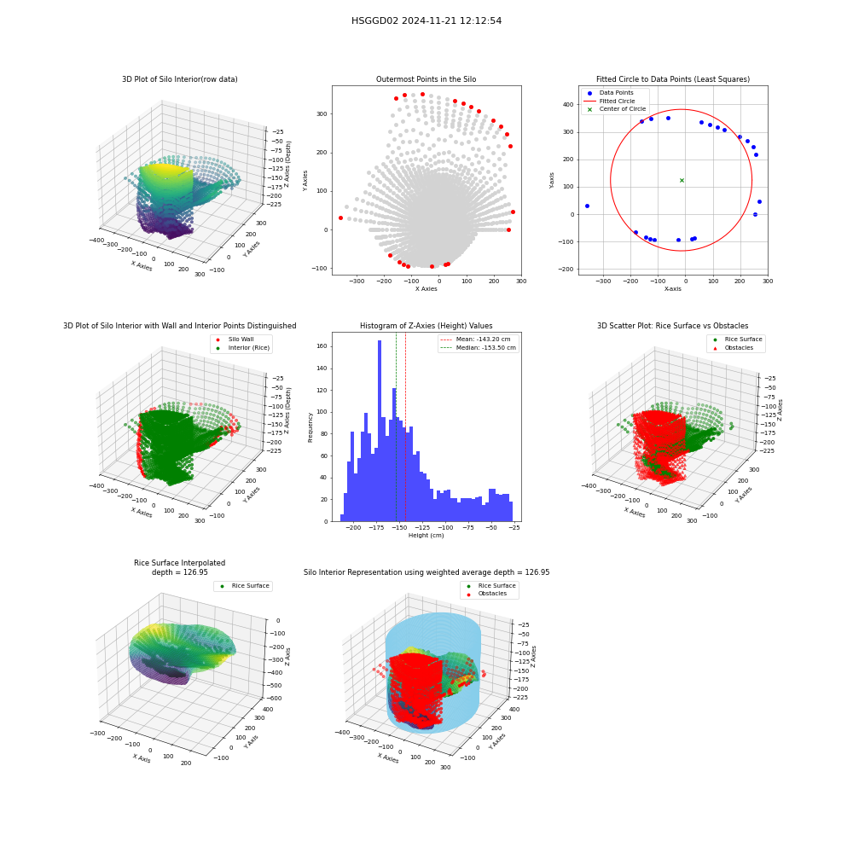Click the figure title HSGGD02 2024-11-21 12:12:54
[x=426, y=20]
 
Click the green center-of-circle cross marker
[x=682, y=180]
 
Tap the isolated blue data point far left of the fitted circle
[x=587, y=206]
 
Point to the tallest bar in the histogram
[x=380, y=431]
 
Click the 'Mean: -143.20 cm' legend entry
[x=475, y=339]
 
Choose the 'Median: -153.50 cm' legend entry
[x=478, y=348]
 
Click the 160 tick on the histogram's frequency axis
[x=322, y=346]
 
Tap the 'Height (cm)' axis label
[x=426, y=536]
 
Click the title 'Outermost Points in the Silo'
[x=426, y=79]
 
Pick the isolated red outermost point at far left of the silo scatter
[x=340, y=218]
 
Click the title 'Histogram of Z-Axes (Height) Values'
[x=426, y=326]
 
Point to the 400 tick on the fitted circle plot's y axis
[x=568, y=104]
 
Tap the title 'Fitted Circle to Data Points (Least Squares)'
[x=673, y=79]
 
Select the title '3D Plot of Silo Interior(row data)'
[x=179, y=79]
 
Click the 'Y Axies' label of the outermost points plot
[x=305, y=181]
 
